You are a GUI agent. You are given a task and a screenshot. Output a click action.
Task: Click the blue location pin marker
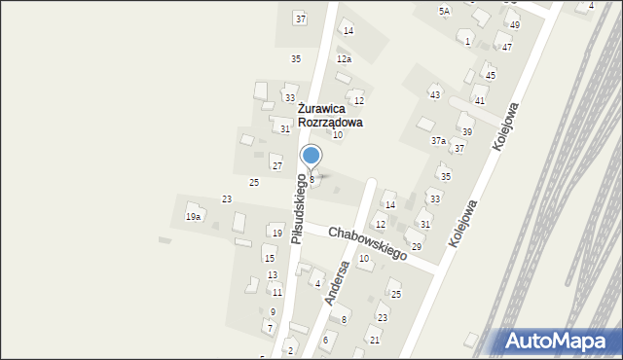pos(311,157)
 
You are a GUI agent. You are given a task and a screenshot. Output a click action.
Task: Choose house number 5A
pos(444,11)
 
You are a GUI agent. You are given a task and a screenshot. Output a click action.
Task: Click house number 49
pos(515,24)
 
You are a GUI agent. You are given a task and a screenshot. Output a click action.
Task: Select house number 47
pos(506,47)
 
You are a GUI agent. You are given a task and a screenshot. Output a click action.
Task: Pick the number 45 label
pos(491,75)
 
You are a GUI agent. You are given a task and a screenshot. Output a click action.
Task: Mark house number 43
pos(435,94)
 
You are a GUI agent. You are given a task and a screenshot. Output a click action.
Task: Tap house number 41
pos(480,100)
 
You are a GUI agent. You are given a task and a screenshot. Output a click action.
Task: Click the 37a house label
pos(439,141)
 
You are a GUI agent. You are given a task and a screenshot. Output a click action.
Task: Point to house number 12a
pos(344,59)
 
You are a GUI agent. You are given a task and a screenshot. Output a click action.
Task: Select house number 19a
pos(194,217)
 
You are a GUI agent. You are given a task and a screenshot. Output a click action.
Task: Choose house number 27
pos(277,166)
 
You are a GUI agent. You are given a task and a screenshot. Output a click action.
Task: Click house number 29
pos(417,246)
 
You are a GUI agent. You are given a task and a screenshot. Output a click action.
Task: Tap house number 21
pos(375,340)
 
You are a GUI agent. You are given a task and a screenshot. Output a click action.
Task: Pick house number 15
pos(270,259)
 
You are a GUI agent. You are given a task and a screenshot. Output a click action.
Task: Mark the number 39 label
pos(467,132)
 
